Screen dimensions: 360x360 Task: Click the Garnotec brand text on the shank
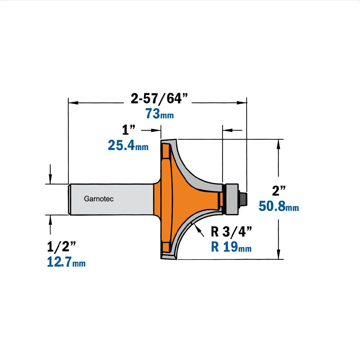[99, 199]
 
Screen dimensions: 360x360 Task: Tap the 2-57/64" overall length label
[159, 98]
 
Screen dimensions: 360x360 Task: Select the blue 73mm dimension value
[159, 114]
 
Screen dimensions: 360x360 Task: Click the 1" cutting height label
[129, 130]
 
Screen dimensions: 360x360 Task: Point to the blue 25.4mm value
[128, 145]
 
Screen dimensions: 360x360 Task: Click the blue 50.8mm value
[279, 206]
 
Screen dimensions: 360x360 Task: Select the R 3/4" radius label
[231, 231]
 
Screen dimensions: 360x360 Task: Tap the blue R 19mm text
[231, 247]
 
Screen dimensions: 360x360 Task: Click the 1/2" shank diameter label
[61, 247]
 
